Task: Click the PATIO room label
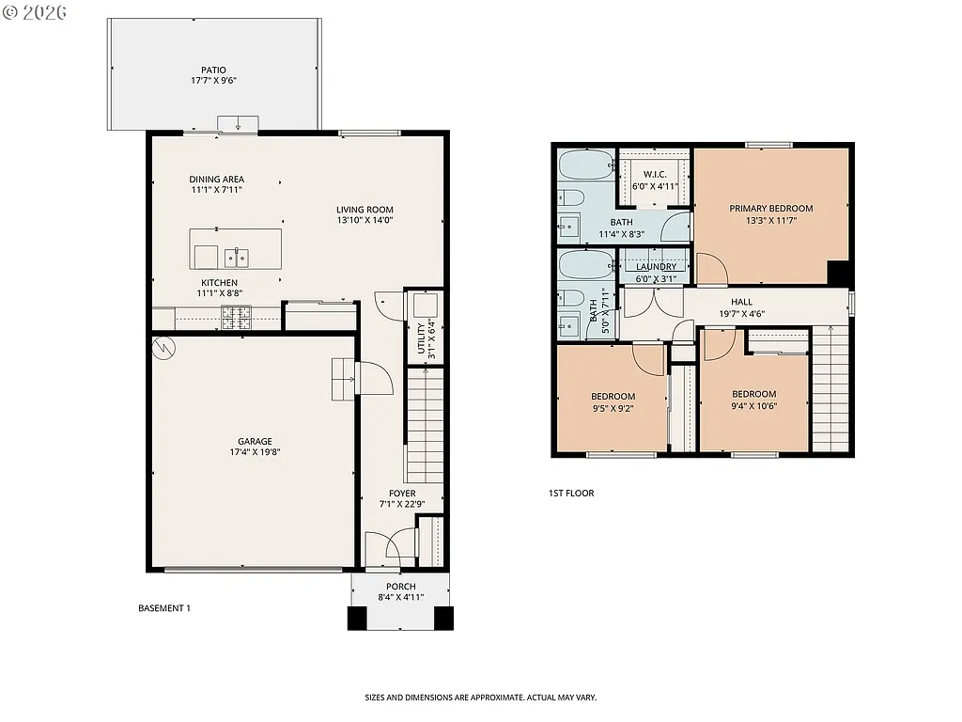pos(213,70)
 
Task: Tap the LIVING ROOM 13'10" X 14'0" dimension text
pos(365,221)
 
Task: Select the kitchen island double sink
pos(236,257)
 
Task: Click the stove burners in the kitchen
pos(235,318)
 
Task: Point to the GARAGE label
pos(255,441)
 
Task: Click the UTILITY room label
pos(421,341)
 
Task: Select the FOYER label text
pos(402,493)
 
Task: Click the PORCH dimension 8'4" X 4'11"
pos(401,597)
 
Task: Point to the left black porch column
pos(357,618)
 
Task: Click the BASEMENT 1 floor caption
pos(163,608)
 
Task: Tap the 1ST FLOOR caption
pos(571,493)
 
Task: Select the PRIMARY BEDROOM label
pos(770,209)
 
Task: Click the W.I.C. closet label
pos(655,175)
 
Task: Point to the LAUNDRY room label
pos(656,267)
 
